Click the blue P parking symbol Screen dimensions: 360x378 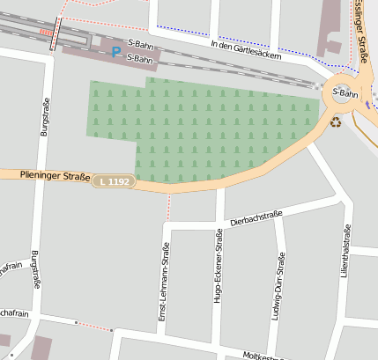coord(116,52)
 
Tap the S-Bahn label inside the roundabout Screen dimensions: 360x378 coord(345,93)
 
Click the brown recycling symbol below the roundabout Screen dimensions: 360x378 coord(336,121)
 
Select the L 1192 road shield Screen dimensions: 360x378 coord(115,181)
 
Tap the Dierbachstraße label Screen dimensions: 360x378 coord(256,218)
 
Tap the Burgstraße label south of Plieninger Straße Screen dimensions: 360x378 coord(34,269)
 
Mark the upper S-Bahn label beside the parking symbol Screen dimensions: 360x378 coord(141,42)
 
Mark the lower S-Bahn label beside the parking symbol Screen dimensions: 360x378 coord(141,58)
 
